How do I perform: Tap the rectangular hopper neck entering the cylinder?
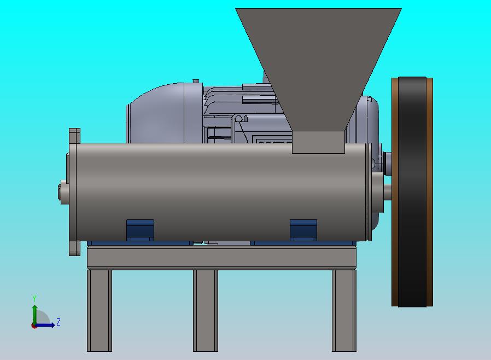pyautogui.click(x=318, y=142)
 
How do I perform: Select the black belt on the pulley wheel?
pyautogui.click(x=412, y=191)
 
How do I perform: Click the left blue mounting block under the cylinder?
pyautogui.click(x=140, y=230)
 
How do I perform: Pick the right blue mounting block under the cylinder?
pyautogui.click(x=303, y=230)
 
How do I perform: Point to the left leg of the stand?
pyautogui.click(x=100, y=311)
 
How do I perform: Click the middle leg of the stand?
pyautogui.click(x=206, y=311)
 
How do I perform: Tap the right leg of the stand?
pyautogui.click(x=344, y=311)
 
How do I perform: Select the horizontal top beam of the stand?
pyautogui.click(x=221, y=258)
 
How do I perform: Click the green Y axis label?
pyautogui.click(x=34, y=298)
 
